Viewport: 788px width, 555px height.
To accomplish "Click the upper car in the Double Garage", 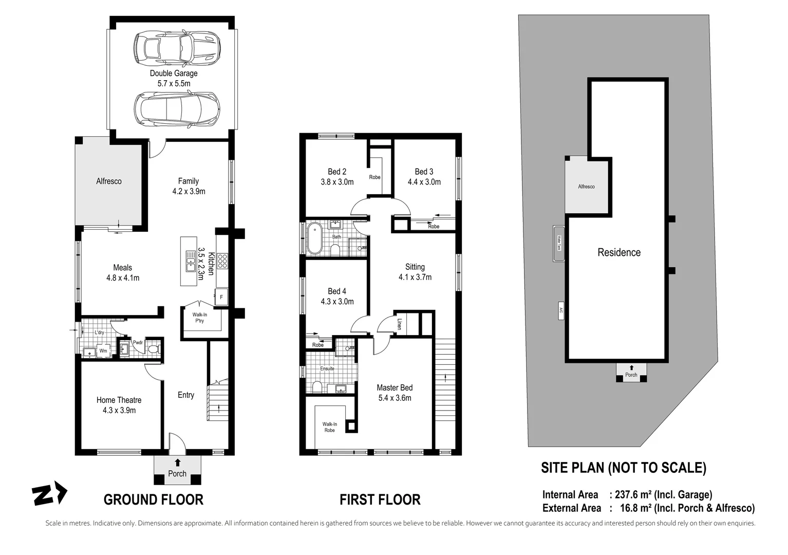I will (177, 48).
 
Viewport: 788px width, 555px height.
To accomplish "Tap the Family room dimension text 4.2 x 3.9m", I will (189, 192).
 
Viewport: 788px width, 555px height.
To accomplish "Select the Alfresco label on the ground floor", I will (109, 181).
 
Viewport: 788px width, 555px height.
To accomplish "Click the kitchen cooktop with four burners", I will (222, 262).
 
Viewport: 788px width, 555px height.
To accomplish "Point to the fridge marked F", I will (221, 297).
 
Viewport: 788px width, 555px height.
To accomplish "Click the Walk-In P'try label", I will (200, 318).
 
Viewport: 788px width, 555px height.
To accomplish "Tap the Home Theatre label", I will (119, 400).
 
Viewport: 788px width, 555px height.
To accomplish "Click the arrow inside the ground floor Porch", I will (178, 462).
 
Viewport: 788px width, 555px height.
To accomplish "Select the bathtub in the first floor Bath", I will (314, 238).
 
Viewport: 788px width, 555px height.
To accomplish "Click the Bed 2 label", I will (337, 172).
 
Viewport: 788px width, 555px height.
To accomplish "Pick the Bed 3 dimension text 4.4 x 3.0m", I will (424, 182).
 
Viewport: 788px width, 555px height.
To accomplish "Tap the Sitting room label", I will (415, 267).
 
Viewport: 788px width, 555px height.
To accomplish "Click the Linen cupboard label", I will (400, 324).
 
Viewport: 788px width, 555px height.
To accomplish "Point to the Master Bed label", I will (395, 387).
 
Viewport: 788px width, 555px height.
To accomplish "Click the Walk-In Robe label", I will (329, 427).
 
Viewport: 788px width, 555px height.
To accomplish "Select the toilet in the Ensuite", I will (316, 386).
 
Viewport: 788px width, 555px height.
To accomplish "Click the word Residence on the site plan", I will (619, 252).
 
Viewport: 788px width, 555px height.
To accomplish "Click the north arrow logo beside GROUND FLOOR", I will (49, 494).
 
